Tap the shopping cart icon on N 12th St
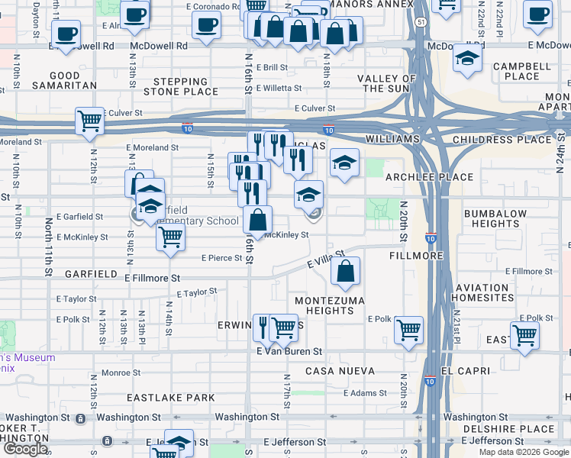coord(90,121)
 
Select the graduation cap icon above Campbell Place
coord(466,59)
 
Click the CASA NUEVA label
coord(340,371)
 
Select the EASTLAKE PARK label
coord(171,398)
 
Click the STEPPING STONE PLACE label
coord(185,86)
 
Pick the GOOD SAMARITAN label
coord(73,80)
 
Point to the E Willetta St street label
coord(282,88)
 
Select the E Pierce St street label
coord(221,258)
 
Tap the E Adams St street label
coord(366,393)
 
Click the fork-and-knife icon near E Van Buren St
coord(264,327)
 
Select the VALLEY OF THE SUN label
coord(389,83)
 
